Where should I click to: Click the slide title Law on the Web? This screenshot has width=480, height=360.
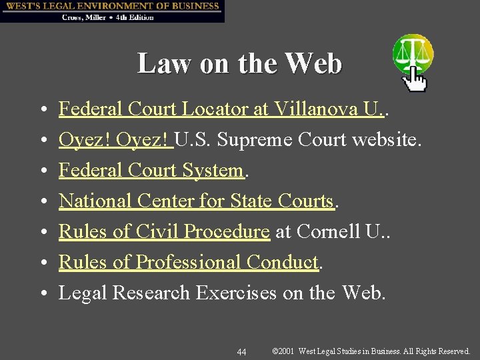239,64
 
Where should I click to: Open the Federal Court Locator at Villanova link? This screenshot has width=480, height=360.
220,109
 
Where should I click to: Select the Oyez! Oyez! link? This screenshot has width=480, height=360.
115,140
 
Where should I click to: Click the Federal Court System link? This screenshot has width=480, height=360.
151,171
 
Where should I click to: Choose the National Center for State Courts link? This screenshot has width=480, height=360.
195,201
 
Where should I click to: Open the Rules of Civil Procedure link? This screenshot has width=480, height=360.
164,231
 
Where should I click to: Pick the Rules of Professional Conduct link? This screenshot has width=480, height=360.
189,262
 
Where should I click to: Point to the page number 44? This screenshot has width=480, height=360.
241,351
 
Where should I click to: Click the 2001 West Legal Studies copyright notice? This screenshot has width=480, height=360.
371,351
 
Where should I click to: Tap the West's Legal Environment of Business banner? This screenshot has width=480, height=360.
112,6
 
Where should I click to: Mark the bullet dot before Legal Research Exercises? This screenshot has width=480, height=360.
42,293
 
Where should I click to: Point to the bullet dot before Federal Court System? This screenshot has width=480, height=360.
42,171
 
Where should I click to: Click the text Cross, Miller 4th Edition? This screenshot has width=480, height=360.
108,17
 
